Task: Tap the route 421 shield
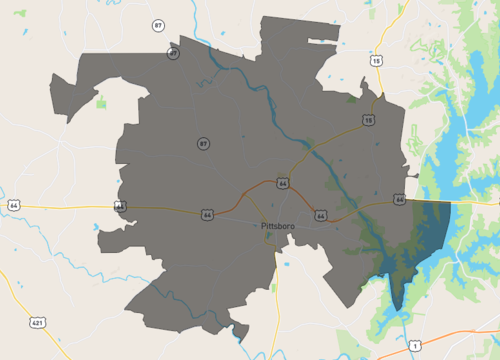37,323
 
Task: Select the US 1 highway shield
414,344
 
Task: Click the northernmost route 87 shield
158,24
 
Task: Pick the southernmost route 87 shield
203,144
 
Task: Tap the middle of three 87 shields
173,53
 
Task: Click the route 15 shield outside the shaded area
376,61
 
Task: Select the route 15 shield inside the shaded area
368,120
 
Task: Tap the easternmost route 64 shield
399,200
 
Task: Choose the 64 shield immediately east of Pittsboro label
320,214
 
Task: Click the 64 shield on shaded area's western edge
120,207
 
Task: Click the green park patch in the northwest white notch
101,101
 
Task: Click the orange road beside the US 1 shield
440,330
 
